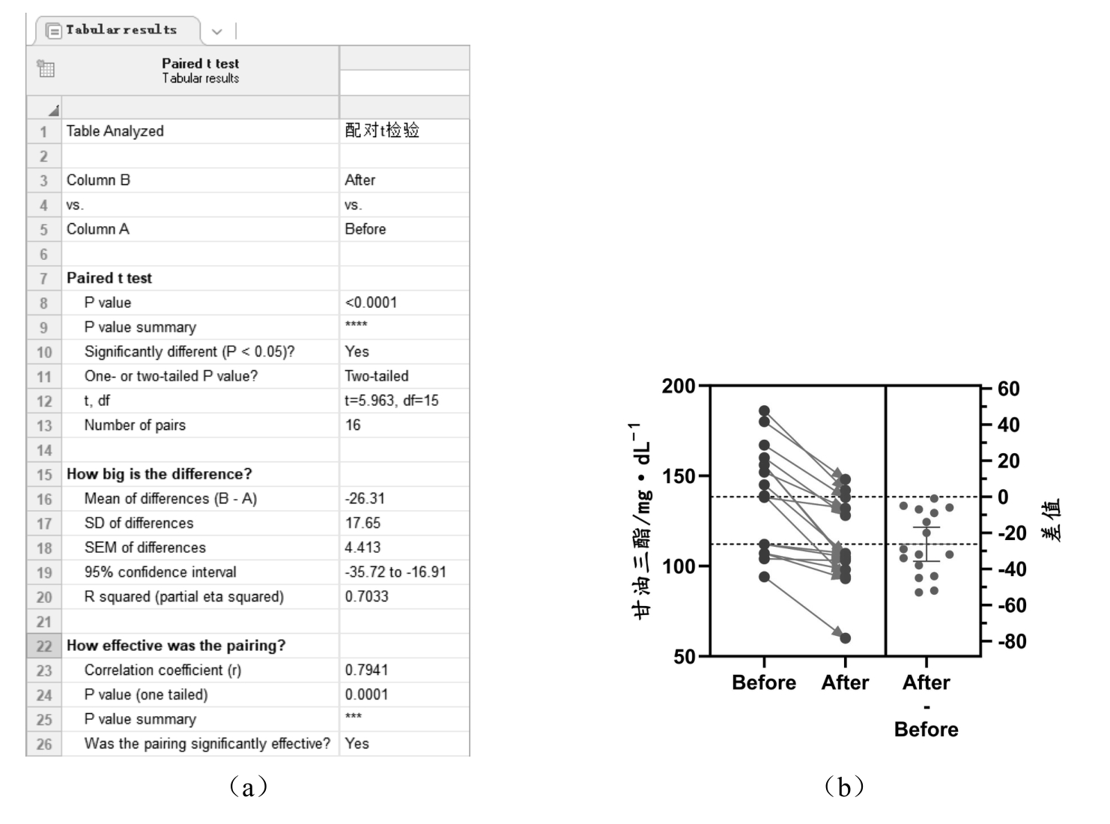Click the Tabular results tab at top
pyautogui.click(x=120, y=30)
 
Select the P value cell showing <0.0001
pyautogui.click(x=371, y=303)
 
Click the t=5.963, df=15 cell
pyautogui.click(x=391, y=401)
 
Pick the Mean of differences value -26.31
pyautogui.click(x=365, y=499)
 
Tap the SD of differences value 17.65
pyautogui.click(x=363, y=523)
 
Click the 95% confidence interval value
pyautogui.click(x=395, y=572)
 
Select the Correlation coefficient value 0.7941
pyautogui.click(x=366, y=670)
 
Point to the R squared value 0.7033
pyautogui.click(x=366, y=597)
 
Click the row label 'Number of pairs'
pyautogui.click(x=135, y=425)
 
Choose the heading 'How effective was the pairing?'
pyautogui.click(x=176, y=646)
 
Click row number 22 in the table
pyautogui.click(x=44, y=646)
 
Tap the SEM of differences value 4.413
pyautogui.click(x=363, y=548)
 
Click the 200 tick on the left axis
pyautogui.click(x=679, y=387)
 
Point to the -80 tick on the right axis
pyautogui.click(x=1011, y=642)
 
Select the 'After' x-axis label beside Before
pyautogui.click(x=845, y=682)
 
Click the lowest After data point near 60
pyautogui.click(x=845, y=638)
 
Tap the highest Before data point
pyautogui.click(x=764, y=411)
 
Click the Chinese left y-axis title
pyautogui.click(x=641, y=521)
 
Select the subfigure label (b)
pyautogui.click(x=844, y=787)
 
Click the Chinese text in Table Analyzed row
pyautogui.click(x=381, y=131)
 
